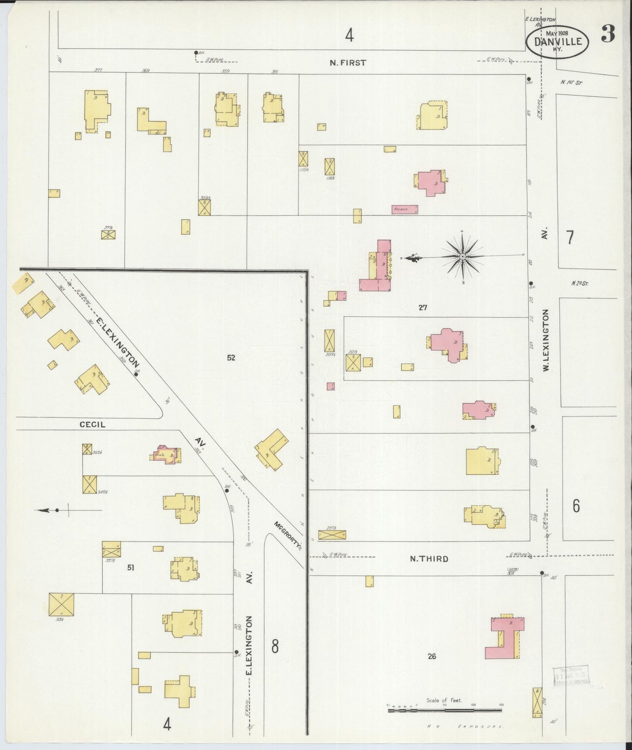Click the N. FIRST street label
(348, 63)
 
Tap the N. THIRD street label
(429, 559)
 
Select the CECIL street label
(92, 424)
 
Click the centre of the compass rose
(462, 256)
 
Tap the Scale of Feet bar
(445, 711)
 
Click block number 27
(422, 308)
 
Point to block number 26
(432, 656)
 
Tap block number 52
(231, 357)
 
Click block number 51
(130, 568)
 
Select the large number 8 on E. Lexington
(275, 646)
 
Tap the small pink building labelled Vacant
(404, 210)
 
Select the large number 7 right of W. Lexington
(570, 237)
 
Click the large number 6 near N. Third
(576, 506)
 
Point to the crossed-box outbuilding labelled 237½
(332, 534)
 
